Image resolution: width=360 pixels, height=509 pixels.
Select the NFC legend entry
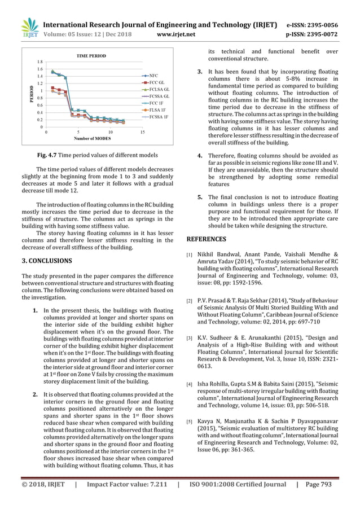click(x=153, y=75)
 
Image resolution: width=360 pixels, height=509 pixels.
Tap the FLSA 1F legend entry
click(x=156, y=111)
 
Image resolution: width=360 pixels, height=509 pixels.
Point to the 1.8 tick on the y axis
click(x=40, y=61)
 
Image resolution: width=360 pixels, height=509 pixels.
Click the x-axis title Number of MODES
click(x=93, y=139)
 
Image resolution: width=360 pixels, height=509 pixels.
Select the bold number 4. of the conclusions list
click(x=200, y=156)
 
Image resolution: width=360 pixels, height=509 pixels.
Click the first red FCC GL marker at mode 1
click(x=52, y=89)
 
